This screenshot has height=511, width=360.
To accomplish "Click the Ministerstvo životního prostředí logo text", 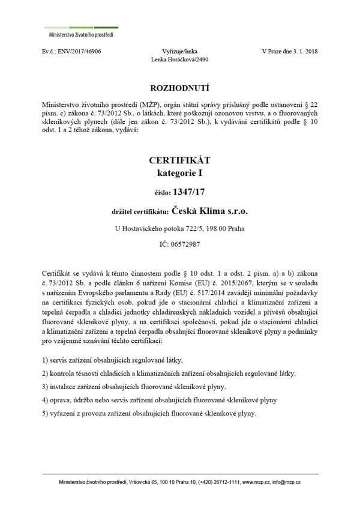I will (x=79, y=34).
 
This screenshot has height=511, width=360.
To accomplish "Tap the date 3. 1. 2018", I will (x=304, y=52).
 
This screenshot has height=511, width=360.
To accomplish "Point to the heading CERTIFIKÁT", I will (x=179, y=161).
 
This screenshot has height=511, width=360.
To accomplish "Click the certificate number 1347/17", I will (x=188, y=192).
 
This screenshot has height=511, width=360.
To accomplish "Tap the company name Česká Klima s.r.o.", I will (x=209, y=211).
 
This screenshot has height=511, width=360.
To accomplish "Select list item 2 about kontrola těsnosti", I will (x=169, y=373).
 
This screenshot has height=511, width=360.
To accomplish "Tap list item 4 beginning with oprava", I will (x=160, y=399).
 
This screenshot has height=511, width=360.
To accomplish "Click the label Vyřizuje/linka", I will (x=179, y=52).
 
